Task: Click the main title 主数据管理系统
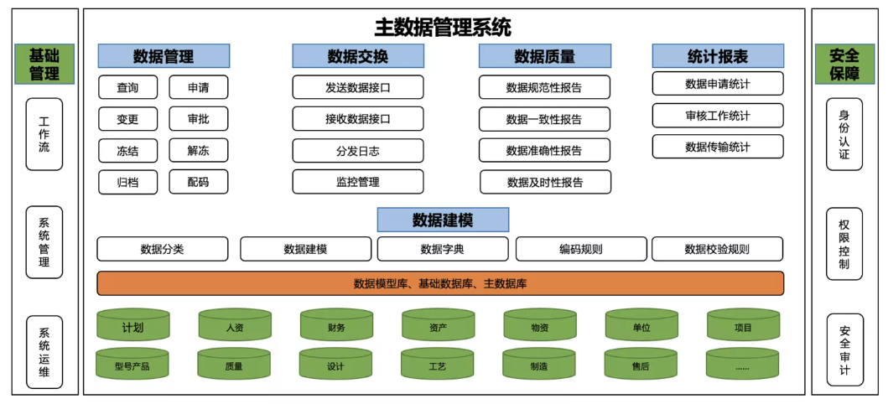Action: point(443,27)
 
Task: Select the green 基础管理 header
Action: point(44,64)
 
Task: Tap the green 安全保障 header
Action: point(844,64)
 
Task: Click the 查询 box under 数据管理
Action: point(128,88)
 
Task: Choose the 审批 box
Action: point(199,119)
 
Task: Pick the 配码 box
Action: point(199,182)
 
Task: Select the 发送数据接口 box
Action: point(358,88)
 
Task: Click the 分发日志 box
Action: point(358,151)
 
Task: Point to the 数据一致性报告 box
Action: point(544,119)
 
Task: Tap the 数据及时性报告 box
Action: point(545,182)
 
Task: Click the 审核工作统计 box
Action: point(718,116)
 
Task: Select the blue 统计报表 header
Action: point(718,56)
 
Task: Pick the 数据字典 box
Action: point(443,249)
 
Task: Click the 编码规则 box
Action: point(581,249)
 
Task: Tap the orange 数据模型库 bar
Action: point(440,283)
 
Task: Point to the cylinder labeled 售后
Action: point(641,364)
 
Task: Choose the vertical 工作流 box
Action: point(44,134)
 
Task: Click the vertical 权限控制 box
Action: point(844,244)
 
